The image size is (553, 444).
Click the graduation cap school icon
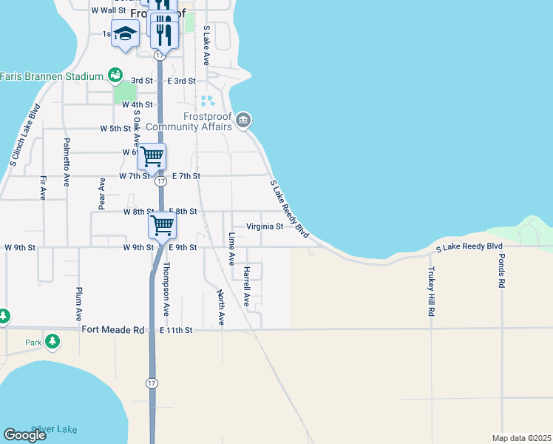click(x=126, y=34)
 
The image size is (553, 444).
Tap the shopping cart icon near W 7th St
click(x=152, y=157)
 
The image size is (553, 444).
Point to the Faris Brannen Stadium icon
click(x=114, y=75)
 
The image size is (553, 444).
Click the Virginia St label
click(x=265, y=226)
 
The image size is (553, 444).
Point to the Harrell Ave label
click(x=246, y=286)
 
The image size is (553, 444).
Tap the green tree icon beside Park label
click(x=52, y=341)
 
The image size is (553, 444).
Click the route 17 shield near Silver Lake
click(x=152, y=383)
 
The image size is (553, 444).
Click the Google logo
click(x=24, y=435)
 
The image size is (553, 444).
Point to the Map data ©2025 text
click(x=521, y=438)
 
